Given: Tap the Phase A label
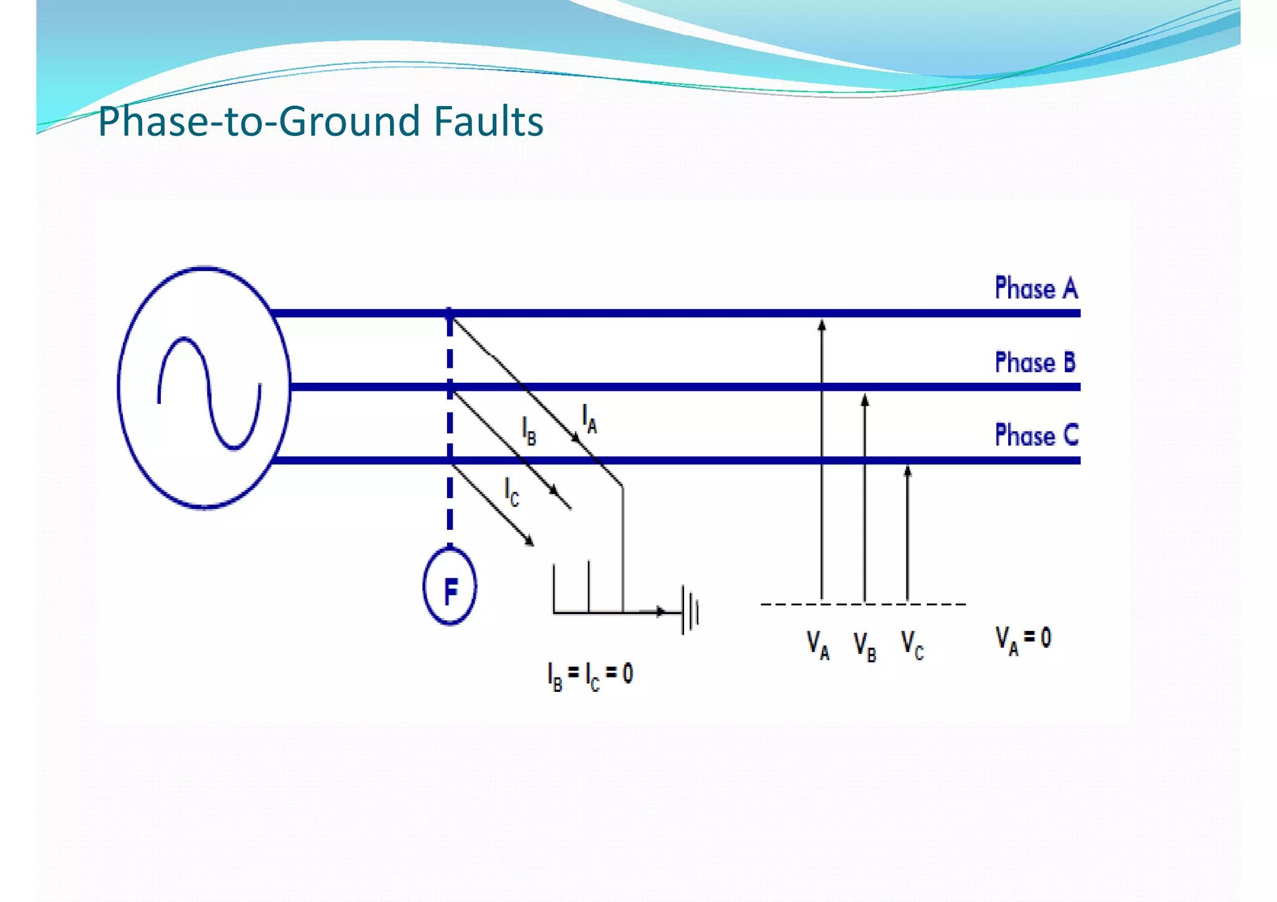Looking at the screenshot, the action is pyautogui.click(x=1036, y=289).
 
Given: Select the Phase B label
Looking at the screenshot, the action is pyautogui.click(x=1035, y=362).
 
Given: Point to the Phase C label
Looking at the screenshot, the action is pyautogui.click(x=1036, y=435).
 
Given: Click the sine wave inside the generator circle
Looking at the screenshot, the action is pyautogui.click(x=210, y=393).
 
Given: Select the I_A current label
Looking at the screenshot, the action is pyautogui.click(x=589, y=418).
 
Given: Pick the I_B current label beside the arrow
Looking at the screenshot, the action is pyautogui.click(x=529, y=431).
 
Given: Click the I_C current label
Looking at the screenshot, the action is pyautogui.click(x=511, y=492).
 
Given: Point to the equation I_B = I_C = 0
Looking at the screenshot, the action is pyautogui.click(x=590, y=675).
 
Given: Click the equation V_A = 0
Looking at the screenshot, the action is pyautogui.click(x=1023, y=640).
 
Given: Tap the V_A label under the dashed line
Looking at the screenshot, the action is pyautogui.click(x=818, y=645).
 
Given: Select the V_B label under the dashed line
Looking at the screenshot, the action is pyautogui.click(x=865, y=646).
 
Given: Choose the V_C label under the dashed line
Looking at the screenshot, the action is pyautogui.click(x=912, y=645).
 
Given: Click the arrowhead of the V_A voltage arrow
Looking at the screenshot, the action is pyautogui.click(x=822, y=325).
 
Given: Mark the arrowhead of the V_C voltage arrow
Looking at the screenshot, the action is pyautogui.click(x=907, y=471).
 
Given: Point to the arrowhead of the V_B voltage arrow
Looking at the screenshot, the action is pyautogui.click(x=865, y=400).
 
